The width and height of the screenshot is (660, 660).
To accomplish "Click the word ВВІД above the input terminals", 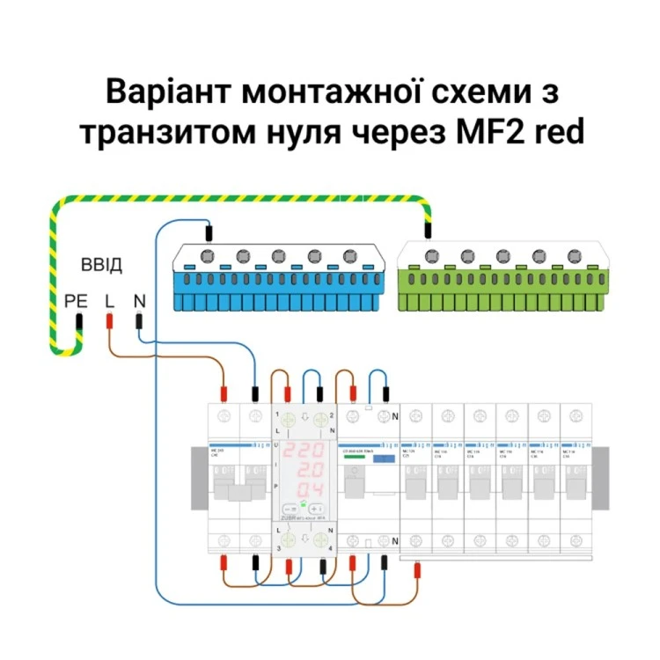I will coord(102,265).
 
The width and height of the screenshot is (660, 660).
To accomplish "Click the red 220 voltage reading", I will coord(303,448).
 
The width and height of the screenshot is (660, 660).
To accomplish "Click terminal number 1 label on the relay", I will coord(277,414).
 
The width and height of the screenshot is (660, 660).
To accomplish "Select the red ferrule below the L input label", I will coord(109,321).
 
